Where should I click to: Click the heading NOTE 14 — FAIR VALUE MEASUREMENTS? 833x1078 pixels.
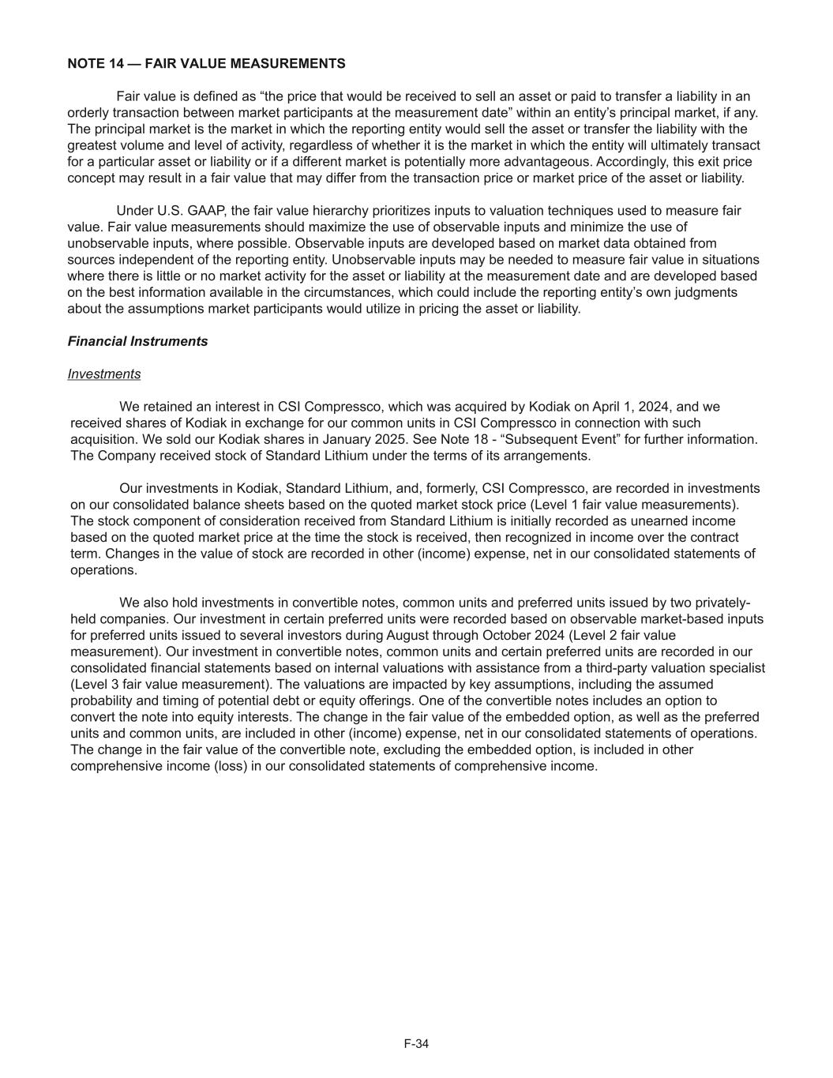coord(206,63)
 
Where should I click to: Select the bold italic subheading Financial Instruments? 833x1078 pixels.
coord(137,341)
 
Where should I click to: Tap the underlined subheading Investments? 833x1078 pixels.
coord(104,374)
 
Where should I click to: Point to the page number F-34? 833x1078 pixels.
coord(416,1044)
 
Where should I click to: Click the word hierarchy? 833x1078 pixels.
coord(330,211)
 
